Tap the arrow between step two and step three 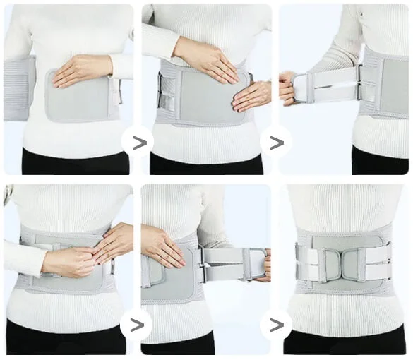tap(276, 143)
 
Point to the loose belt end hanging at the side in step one tap(17, 88)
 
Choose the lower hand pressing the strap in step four tap(71, 262)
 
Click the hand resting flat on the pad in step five tap(162, 246)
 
